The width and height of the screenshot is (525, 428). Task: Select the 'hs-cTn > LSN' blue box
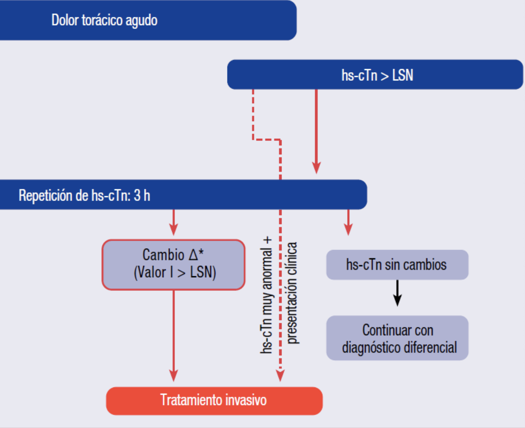(375, 75)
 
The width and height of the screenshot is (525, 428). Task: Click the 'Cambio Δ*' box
(174, 265)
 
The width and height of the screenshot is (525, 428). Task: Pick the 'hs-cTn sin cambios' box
(397, 265)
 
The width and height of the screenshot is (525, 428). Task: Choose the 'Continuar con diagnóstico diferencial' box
(397, 338)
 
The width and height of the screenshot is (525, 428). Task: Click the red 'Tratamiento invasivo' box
(214, 400)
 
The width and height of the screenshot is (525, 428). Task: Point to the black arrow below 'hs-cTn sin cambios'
(398, 294)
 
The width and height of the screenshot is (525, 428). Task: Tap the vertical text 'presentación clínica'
(292, 293)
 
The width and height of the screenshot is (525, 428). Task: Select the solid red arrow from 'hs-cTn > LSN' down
(316, 130)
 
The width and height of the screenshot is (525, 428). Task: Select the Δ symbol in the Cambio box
(194, 255)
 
